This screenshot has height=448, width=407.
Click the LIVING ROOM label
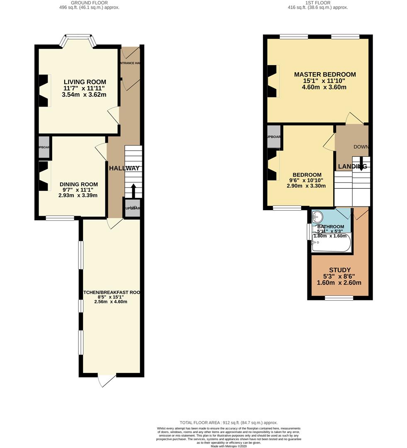(85, 82)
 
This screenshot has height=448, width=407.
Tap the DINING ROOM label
(79, 185)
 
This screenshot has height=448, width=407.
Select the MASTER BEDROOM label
(325, 75)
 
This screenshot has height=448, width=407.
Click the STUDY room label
(339, 270)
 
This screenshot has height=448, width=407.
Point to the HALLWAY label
(124, 168)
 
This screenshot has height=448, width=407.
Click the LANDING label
(352, 166)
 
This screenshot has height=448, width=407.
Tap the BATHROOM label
(331, 226)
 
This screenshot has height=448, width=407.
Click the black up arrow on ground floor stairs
(134, 191)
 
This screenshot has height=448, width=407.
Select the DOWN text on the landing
(361, 147)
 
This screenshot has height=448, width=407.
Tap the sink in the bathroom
(317, 217)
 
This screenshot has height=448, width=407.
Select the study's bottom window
(339, 298)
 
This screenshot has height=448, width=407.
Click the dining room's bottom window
(60, 218)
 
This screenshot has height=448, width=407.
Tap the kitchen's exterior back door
(107, 380)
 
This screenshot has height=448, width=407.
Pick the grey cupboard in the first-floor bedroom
(273, 137)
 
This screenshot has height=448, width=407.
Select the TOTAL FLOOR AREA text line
(228, 423)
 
